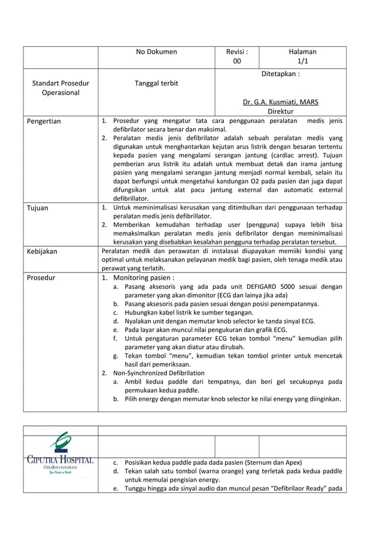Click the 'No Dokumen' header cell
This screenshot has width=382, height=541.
(x=156, y=52)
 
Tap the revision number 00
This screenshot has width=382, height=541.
(x=237, y=61)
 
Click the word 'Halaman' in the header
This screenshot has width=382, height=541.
(x=302, y=52)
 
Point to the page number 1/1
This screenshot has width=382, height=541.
(x=302, y=61)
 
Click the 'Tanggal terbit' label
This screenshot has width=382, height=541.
(x=156, y=83)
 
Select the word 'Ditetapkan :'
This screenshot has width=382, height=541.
(x=280, y=74)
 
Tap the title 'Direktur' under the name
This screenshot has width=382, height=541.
(x=280, y=111)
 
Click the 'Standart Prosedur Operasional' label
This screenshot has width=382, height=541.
(x=60, y=87)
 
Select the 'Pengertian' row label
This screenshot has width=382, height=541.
(x=44, y=121)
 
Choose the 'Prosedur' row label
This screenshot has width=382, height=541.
(x=41, y=278)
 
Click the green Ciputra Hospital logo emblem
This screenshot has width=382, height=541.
(x=60, y=444)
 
